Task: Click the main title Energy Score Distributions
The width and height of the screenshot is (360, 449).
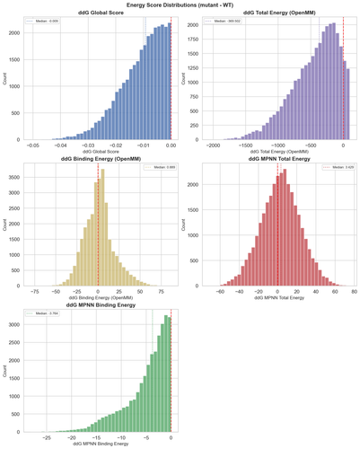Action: [180, 4]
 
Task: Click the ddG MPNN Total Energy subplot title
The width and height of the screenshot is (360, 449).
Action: [279, 159]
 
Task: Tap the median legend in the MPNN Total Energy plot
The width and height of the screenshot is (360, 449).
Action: [335, 167]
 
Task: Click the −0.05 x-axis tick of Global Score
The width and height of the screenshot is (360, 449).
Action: [32, 145]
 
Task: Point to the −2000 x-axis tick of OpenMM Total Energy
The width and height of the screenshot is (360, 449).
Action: [214, 145]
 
